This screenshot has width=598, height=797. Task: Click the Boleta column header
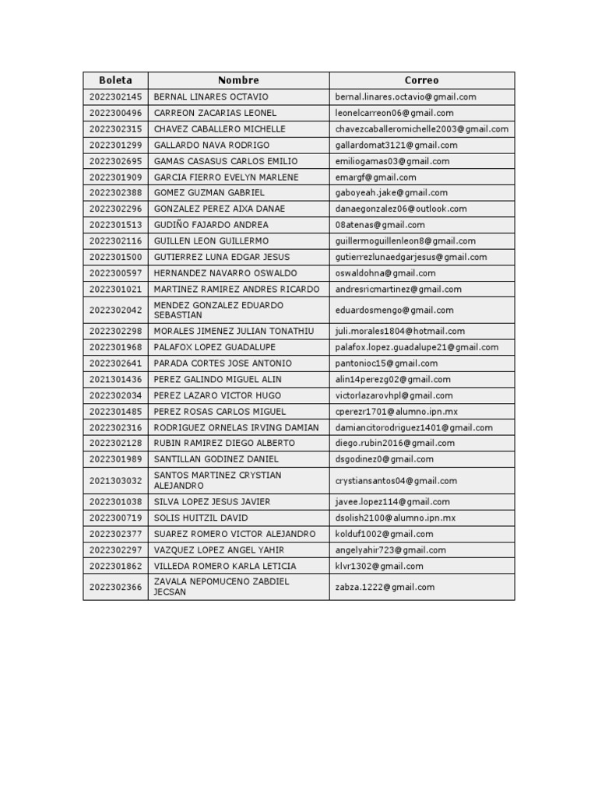pyautogui.click(x=115, y=80)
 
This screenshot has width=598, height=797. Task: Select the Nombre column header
pyautogui.click(x=238, y=80)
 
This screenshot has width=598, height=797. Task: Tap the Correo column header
pyautogui.click(x=421, y=80)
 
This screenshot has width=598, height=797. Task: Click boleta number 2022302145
pyautogui.click(x=116, y=97)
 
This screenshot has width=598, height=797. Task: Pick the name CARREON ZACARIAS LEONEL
pyautogui.click(x=215, y=113)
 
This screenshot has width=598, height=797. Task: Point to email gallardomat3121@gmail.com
pyautogui.click(x=396, y=145)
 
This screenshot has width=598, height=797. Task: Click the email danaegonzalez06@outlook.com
pyautogui.click(x=401, y=209)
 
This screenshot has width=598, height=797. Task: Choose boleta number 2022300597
pyautogui.click(x=116, y=273)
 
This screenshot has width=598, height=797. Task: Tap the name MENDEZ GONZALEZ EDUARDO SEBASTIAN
pyautogui.click(x=219, y=311)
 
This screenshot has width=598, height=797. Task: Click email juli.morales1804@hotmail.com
pyautogui.click(x=400, y=332)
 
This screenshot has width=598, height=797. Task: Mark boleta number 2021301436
pyautogui.click(x=116, y=380)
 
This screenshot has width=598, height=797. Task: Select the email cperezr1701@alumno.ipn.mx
pyautogui.click(x=397, y=412)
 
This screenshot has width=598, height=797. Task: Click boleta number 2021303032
pyautogui.click(x=116, y=481)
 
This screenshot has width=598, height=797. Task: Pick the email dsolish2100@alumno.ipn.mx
pyautogui.click(x=396, y=518)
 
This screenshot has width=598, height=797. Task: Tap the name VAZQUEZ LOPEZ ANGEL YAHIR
pyautogui.click(x=219, y=550)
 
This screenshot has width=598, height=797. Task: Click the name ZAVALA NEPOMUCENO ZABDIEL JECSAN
pyautogui.click(x=221, y=587)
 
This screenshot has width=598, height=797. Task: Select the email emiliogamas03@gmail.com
pyautogui.click(x=392, y=161)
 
